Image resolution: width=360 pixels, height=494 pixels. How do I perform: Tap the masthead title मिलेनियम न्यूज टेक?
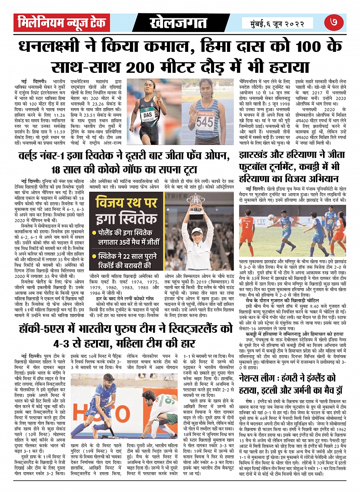(x=62, y=23)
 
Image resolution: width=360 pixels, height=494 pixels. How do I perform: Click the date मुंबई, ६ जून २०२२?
(x=278, y=24)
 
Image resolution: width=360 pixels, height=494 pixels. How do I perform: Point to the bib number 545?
(x=205, y=122)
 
